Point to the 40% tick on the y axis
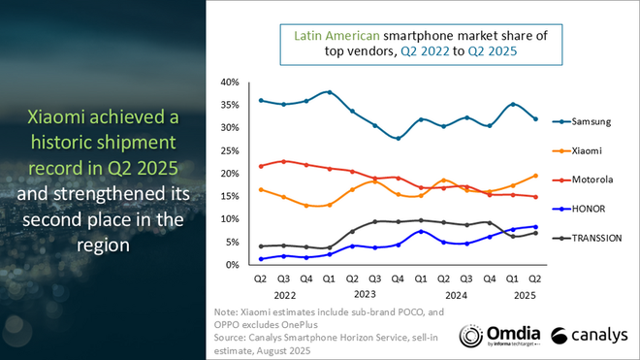click(x=230, y=82)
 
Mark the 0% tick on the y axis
click(x=233, y=265)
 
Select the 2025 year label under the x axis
click(x=525, y=292)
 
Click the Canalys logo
click(x=587, y=336)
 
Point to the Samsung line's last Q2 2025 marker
click(x=535, y=119)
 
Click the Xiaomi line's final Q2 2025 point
click(x=535, y=176)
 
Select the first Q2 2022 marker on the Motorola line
click(x=261, y=166)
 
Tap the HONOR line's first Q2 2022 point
click(x=261, y=259)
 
